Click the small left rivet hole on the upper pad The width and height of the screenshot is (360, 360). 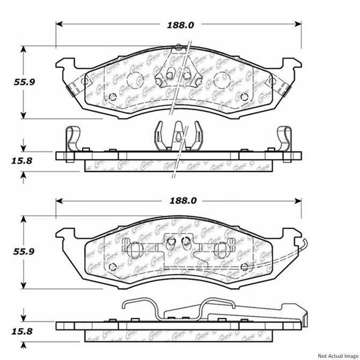[x=113, y=97]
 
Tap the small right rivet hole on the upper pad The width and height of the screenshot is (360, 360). [x=245, y=97]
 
